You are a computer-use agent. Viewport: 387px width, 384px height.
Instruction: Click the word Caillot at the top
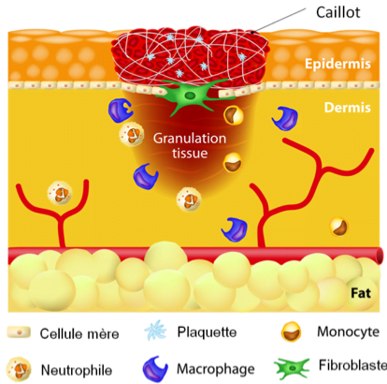point(338,12)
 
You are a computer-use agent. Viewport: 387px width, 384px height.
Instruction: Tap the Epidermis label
point(337,64)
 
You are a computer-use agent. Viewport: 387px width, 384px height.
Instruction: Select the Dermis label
point(348,108)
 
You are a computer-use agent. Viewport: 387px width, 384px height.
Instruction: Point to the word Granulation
point(190,139)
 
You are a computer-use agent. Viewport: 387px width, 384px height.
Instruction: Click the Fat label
point(361,293)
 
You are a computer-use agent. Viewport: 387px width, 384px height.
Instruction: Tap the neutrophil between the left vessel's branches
point(60,194)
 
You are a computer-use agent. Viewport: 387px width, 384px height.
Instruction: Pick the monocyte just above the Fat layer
point(338,227)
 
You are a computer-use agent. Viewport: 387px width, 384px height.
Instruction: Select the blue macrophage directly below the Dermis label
point(285,119)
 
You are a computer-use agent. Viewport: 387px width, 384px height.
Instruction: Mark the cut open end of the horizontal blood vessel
point(380,256)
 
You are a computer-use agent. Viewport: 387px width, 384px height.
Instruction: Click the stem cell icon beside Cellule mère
point(19,332)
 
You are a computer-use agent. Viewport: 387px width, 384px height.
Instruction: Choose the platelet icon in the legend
point(155,331)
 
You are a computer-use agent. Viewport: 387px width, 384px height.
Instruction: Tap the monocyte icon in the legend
point(292,332)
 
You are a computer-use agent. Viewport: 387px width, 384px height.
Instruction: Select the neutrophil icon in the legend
point(19,370)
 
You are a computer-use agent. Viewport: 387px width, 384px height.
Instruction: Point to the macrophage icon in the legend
point(155,369)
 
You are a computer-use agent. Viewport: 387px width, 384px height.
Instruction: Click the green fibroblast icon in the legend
point(292,369)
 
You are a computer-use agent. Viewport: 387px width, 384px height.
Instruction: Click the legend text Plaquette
point(207,332)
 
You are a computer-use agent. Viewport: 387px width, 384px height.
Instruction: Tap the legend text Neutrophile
point(77,371)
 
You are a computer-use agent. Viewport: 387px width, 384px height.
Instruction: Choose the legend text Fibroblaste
point(352,365)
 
